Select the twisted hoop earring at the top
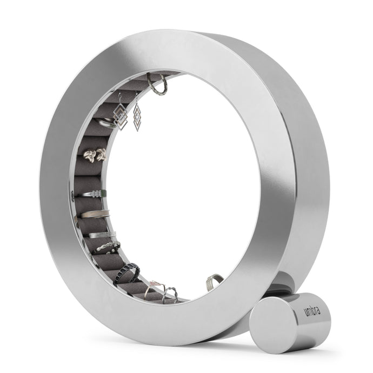tap(158, 85)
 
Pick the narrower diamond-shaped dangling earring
tap(137, 117)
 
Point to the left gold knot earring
tap(90, 156)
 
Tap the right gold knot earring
tap(101, 154)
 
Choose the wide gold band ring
tap(95, 214)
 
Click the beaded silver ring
tap(107, 248)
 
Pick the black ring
tap(128, 274)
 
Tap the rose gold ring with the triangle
tap(154, 288)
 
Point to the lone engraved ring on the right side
tap(215, 281)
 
